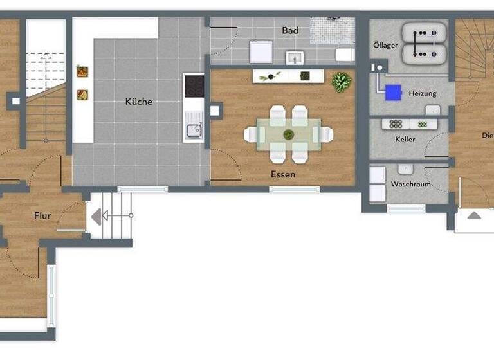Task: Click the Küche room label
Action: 138,101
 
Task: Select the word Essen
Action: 283,174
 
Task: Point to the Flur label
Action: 42,216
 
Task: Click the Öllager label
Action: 385,46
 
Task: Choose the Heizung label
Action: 423,94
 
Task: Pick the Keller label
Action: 405,139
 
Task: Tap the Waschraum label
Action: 411,184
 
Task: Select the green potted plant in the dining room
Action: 342,82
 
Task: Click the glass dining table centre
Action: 289,134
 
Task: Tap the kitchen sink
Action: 194,130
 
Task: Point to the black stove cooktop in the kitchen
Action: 194,86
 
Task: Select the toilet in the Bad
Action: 345,55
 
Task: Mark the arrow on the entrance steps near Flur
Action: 96,217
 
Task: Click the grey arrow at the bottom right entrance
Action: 474,215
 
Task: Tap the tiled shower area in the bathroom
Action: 333,30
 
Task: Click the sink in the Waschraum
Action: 405,168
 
